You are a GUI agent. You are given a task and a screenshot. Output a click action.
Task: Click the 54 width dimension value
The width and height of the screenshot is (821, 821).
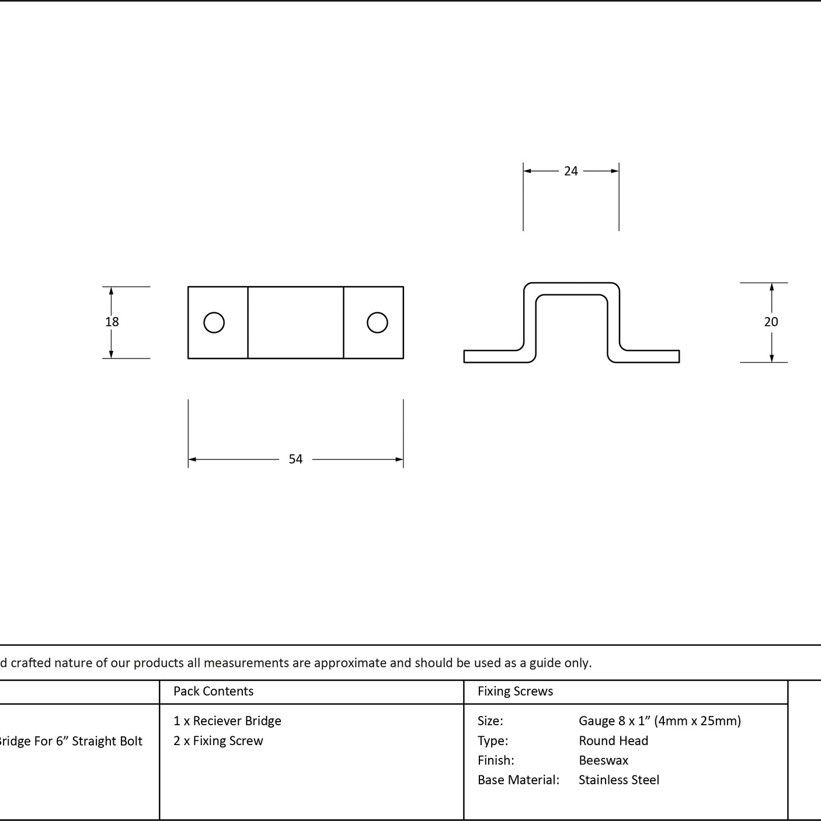pos(295,459)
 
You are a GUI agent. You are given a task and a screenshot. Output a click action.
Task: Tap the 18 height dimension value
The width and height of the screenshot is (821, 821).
pos(112,322)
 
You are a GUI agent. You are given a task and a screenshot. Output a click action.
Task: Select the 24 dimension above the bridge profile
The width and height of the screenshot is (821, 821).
pos(571,171)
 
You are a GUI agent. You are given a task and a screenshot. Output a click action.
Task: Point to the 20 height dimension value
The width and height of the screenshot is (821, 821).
pos(771,322)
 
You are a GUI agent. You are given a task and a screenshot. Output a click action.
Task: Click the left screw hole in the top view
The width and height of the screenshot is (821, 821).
pos(214,322)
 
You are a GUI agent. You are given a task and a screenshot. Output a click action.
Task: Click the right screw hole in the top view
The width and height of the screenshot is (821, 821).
pos(377,322)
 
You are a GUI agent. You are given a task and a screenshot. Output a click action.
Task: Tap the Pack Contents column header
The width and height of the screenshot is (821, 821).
pos(213,691)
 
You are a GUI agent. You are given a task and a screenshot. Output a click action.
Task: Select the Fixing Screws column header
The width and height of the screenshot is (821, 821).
pos(515,691)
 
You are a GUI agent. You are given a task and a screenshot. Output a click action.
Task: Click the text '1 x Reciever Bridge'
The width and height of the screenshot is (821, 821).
pos(227,721)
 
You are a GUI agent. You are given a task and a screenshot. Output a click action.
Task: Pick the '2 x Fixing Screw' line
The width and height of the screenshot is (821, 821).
pos(218,740)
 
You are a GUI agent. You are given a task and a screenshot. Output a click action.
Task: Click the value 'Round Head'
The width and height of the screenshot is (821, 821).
pos(613,740)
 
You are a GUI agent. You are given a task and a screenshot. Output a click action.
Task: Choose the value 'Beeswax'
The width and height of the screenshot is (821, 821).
pos(603,760)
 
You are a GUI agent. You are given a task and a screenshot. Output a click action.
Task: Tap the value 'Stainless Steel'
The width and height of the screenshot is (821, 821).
pos(618,780)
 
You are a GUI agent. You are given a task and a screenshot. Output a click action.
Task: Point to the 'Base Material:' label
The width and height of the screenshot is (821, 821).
pos(518,780)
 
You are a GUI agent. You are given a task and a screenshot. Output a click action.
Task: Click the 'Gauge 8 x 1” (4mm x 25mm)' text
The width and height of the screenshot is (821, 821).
pos(659,721)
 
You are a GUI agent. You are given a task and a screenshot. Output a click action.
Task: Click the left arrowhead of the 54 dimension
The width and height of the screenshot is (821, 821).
pos(192,460)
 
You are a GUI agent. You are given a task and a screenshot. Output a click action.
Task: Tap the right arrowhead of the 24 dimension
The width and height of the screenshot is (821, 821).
pos(615,171)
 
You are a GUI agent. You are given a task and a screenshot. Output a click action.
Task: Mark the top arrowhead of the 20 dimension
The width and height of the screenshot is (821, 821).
pos(771,287)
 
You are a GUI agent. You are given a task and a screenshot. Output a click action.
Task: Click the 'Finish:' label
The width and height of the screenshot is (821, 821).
pos(496,760)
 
